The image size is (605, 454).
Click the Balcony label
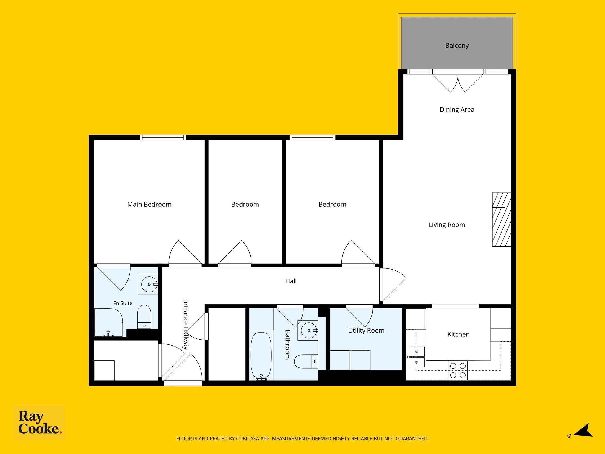[x=457, y=46]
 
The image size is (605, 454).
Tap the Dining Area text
[x=457, y=110]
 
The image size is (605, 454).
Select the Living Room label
[x=447, y=225]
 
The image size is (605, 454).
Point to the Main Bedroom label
[x=149, y=204]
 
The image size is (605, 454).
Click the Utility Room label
[x=366, y=330]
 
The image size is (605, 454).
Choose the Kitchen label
[x=458, y=334]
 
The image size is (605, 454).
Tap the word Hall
[x=291, y=281]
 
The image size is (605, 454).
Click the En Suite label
[x=123, y=303]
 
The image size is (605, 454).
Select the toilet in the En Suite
[x=144, y=317]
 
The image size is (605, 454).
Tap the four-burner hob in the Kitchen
[x=458, y=370]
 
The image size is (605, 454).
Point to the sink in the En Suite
[x=149, y=284]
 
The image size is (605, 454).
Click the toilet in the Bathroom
[x=306, y=361]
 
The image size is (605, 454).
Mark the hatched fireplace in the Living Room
[x=501, y=219]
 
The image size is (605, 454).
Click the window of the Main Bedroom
[x=163, y=137]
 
